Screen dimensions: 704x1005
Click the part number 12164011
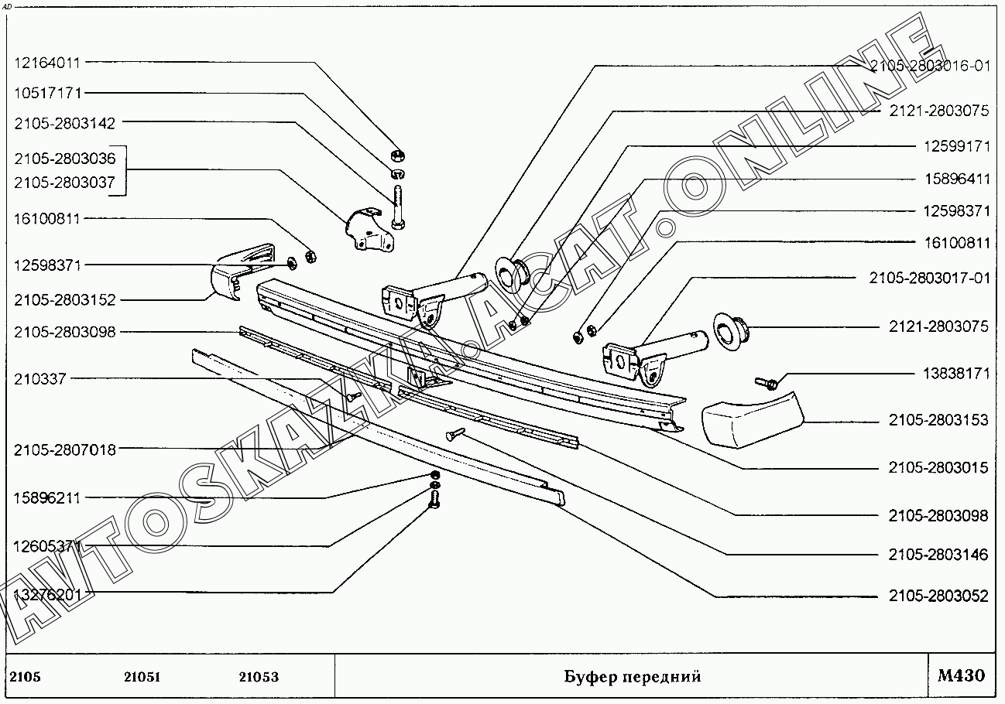47,63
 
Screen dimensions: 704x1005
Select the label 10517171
47,93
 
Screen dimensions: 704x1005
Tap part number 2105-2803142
64,122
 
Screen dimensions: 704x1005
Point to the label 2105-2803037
64,183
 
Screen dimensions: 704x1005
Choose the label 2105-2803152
64,300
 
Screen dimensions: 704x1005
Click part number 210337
39,379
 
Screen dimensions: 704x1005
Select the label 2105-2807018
64,449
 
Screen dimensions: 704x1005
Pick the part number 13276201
47,594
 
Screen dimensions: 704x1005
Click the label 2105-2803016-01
930,66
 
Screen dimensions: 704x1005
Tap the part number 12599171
956,145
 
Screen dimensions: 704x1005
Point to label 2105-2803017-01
930,278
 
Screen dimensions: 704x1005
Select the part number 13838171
956,374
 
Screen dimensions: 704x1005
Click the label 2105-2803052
939,596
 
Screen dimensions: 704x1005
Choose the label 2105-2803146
939,555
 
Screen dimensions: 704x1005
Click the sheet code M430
962,676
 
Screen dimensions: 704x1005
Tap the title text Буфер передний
632,677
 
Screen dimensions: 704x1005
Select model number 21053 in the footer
259,677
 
